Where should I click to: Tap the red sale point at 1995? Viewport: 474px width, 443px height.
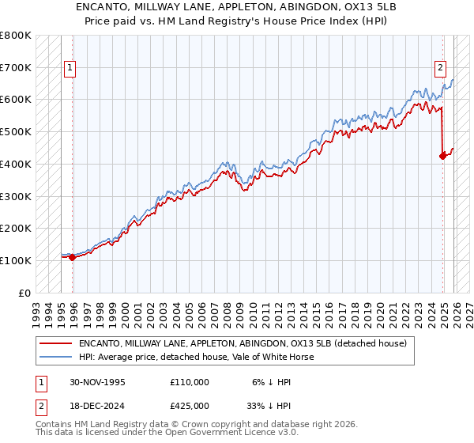point(73,257)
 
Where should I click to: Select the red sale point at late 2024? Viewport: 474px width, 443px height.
point(442,156)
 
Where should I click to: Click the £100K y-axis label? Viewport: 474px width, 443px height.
point(16,260)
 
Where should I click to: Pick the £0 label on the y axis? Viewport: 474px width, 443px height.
point(26,293)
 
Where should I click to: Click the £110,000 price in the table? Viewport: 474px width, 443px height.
point(189,382)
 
